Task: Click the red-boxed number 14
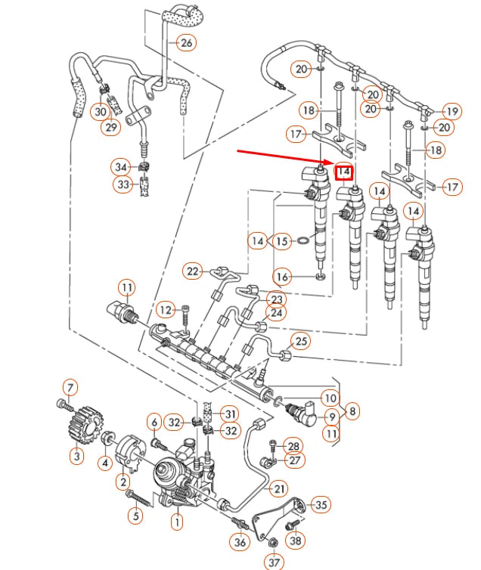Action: pyautogui.click(x=344, y=172)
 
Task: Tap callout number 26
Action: pyautogui.click(x=186, y=42)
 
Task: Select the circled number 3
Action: pyautogui.click(x=76, y=455)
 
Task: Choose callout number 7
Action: pyautogui.click(x=70, y=389)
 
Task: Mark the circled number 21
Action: pyautogui.click(x=281, y=488)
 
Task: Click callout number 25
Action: pyautogui.click(x=301, y=342)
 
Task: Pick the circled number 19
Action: pyautogui.click(x=452, y=111)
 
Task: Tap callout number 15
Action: pyautogui.click(x=282, y=241)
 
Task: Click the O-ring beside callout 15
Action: pyautogui.click(x=302, y=242)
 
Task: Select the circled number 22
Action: pyautogui.click(x=194, y=271)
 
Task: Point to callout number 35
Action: pyautogui.click(x=321, y=504)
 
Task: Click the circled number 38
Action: pyautogui.click(x=296, y=540)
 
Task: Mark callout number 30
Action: pyautogui.click(x=100, y=111)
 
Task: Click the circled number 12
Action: pyautogui.click(x=165, y=309)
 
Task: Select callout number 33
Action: pyautogui.click(x=122, y=184)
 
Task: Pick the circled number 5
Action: pyautogui.click(x=135, y=517)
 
